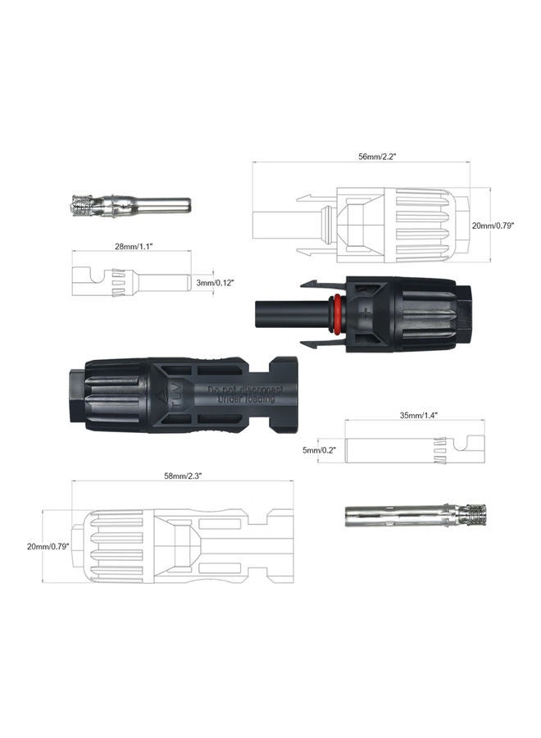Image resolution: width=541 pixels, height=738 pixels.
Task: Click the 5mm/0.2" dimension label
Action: (x=319, y=450)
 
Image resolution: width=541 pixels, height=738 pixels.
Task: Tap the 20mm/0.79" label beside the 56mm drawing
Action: (x=494, y=225)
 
